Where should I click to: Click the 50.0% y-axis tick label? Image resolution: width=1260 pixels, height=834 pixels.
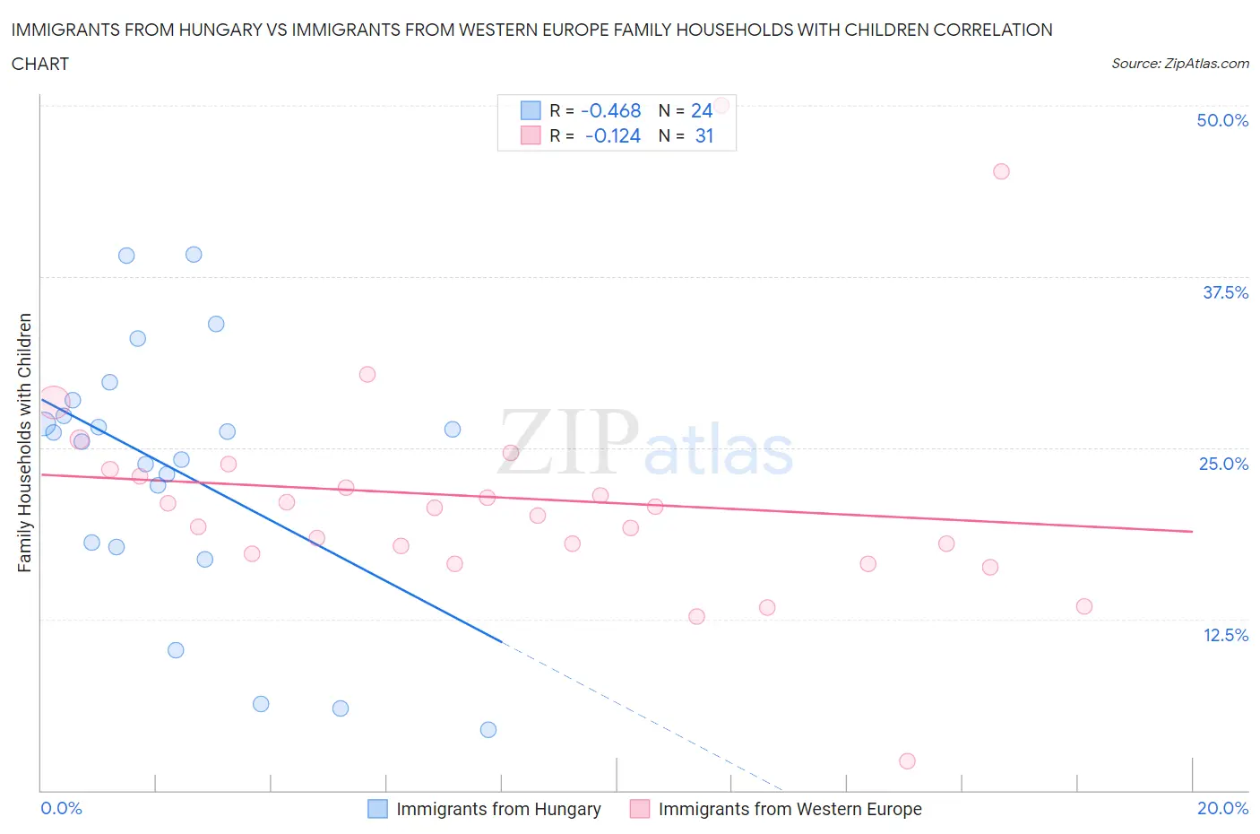tap(1222, 120)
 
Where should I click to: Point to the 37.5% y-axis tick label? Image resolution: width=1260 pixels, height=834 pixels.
tap(1225, 292)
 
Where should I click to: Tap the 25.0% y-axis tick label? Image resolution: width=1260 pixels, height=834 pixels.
tap(1223, 464)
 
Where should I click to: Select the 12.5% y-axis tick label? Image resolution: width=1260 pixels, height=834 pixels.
tap(1225, 635)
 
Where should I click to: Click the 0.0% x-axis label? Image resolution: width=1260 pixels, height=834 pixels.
tap(62, 808)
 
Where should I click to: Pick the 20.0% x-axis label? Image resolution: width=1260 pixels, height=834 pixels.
tap(1222, 808)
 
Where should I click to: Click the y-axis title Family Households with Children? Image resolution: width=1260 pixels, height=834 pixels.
tap(25, 442)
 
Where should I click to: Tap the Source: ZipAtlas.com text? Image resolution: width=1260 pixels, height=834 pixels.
tap(1179, 64)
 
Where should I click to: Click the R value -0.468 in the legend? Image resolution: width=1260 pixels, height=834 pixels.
tap(611, 110)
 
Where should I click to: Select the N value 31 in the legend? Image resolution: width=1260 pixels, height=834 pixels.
tap(704, 135)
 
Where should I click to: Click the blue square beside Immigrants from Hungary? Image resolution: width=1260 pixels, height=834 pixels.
tap(378, 809)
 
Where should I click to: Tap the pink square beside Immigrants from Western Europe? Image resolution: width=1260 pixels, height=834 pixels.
tap(640, 809)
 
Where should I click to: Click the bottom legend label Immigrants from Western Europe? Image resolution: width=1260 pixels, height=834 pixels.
tap(790, 809)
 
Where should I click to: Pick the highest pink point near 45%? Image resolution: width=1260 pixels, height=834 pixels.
tap(1001, 171)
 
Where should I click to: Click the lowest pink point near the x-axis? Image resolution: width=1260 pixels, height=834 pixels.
tap(907, 761)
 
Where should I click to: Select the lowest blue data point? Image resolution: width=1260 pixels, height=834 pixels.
tap(488, 730)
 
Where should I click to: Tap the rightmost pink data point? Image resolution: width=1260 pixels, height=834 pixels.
tap(1084, 606)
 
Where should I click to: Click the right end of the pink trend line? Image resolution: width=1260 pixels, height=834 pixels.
tap(1192, 532)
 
